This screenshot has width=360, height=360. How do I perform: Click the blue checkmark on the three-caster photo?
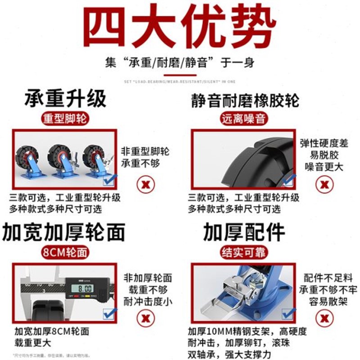(110, 180)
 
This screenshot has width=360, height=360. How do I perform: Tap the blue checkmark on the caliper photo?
(110, 313)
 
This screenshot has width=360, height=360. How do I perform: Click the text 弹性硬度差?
(324, 144)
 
